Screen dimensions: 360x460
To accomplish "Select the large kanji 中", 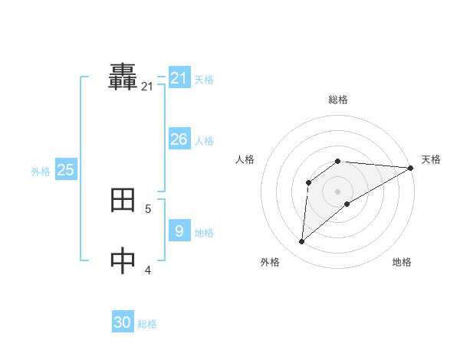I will click(x=123, y=260).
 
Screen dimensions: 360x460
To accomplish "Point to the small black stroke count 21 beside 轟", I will click(x=147, y=87).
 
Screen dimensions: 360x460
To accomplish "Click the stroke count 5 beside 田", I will click(x=148, y=208).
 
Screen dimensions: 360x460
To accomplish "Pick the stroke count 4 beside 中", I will click(x=148, y=269).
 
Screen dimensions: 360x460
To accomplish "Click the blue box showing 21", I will click(x=179, y=78).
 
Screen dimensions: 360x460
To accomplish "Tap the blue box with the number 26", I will click(x=179, y=139).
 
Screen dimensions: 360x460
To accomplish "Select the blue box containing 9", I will click(x=179, y=231).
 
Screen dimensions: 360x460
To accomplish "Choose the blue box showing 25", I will click(x=66, y=170).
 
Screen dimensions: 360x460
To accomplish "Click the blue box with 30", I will click(x=123, y=323).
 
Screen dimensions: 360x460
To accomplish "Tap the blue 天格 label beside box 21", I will click(x=204, y=80).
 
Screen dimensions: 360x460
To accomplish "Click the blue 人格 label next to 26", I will click(x=204, y=141).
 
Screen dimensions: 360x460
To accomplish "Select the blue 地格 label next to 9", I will click(x=204, y=232).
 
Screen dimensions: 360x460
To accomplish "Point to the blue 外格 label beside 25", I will click(x=41, y=172).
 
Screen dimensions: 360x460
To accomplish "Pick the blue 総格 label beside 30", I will click(x=147, y=325).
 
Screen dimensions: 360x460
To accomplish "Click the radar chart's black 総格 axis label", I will click(x=338, y=100).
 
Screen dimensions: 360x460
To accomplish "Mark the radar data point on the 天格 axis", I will click(x=410, y=168).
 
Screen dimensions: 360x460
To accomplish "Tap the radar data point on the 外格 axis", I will click(x=302, y=241).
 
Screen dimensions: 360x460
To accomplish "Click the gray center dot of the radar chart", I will click(x=338, y=191).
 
